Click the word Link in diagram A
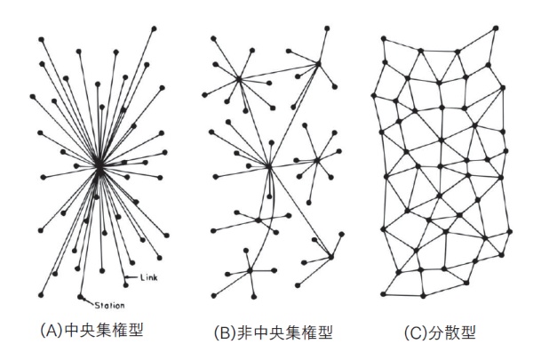[149, 277]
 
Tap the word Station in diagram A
[109, 306]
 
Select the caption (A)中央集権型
[91, 330]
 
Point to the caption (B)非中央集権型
[273, 332]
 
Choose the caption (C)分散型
[440, 332]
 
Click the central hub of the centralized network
[99, 167]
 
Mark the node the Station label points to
[80, 297]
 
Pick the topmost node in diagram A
[154, 28]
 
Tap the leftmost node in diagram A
[33, 97]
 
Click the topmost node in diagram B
[327, 28]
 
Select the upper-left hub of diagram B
[239, 79]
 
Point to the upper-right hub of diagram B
[319, 63]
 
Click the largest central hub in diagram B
[269, 167]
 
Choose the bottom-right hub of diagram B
[331, 257]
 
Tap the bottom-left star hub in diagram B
[251, 271]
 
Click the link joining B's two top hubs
[279, 71]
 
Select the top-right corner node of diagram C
[496, 28]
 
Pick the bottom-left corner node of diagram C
[384, 294]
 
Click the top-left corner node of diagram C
[384, 39]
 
